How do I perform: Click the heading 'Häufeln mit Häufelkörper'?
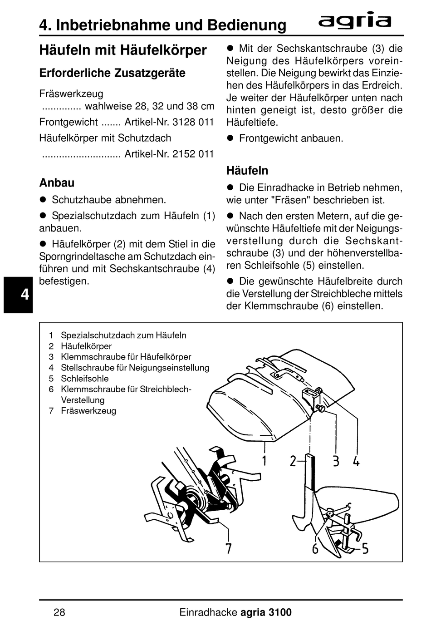click(123, 50)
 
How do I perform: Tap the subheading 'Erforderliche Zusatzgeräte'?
click(113, 73)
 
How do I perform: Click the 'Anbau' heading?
click(57, 183)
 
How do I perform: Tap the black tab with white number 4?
click(18, 295)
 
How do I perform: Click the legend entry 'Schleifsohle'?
click(85, 379)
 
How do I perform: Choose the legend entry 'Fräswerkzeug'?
click(88, 411)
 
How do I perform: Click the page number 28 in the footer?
click(59, 612)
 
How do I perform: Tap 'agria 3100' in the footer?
click(266, 612)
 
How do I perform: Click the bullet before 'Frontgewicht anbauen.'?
click(230, 138)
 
